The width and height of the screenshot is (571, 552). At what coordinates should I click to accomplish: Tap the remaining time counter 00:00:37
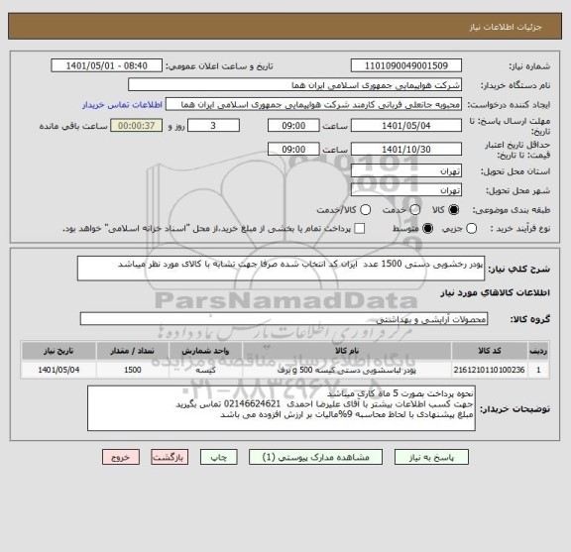(x=134, y=126)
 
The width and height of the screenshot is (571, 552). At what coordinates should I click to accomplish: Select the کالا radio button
(x=455, y=210)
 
